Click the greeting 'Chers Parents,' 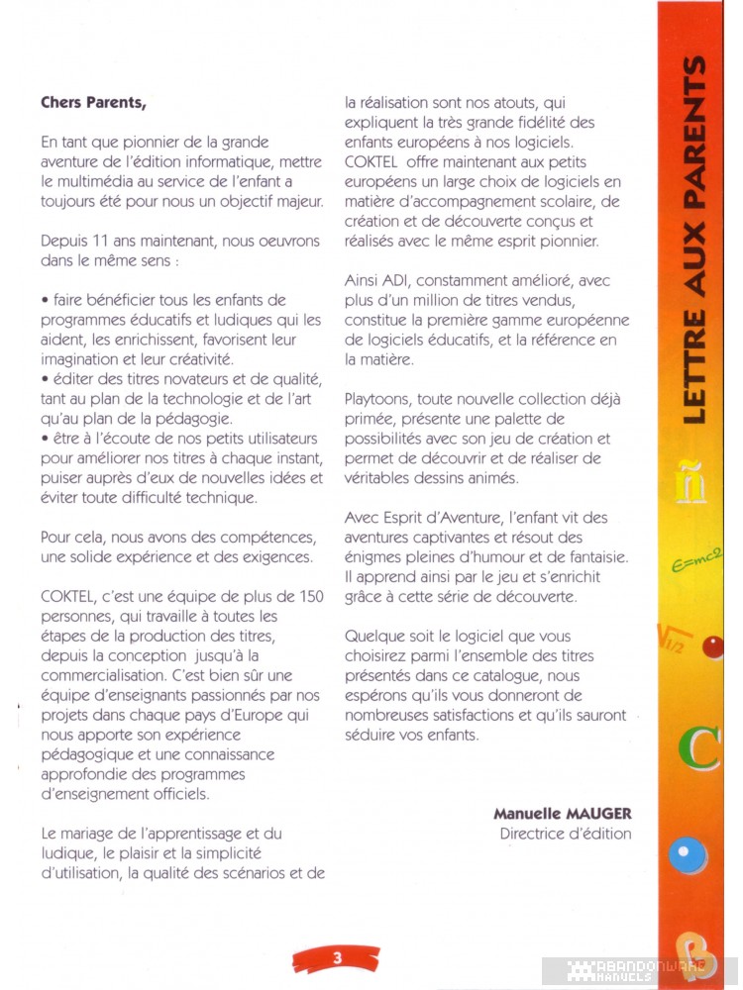click(x=94, y=101)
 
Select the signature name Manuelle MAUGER click(x=563, y=814)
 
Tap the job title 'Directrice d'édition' click(x=566, y=834)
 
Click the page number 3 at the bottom click(x=337, y=957)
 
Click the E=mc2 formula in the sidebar click(x=698, y=562)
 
